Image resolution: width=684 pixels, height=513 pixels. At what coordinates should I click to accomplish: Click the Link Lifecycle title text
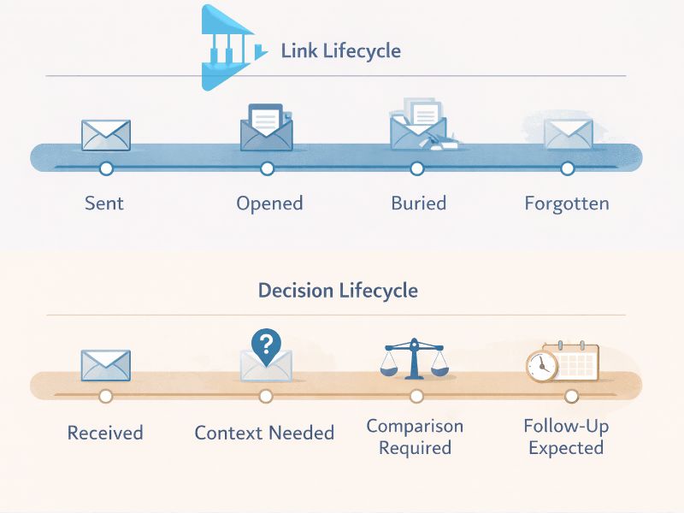(x=340, y=50)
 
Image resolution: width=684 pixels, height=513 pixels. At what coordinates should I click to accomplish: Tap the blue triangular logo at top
(x=227, y=49)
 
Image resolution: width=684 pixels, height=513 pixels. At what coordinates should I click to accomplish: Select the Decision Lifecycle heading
(x=338, y=290)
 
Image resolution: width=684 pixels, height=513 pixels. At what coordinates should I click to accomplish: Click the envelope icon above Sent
(x=106, y=134)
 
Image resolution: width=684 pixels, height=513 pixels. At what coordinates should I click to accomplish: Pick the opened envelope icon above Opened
(x=266, y=128)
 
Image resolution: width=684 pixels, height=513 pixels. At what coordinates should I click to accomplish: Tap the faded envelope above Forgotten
(x=568, y=134)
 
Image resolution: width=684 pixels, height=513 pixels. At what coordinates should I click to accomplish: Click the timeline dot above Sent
(x=106, y=168)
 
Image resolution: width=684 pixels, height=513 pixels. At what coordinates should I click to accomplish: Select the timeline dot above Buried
(x=416, y=168)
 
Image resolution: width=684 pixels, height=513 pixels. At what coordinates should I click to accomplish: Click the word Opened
(x=269, y=203)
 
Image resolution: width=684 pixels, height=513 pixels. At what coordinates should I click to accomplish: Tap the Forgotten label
(x=566, y=203)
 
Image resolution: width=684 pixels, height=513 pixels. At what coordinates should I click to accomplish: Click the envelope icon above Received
(x=105, y=365)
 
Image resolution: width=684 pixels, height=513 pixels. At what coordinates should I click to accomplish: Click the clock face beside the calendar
(x=541, y=366)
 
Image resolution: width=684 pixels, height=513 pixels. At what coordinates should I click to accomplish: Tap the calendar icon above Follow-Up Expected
(x=575, y=363)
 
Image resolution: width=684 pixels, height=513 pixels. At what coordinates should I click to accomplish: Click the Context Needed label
(x=264, y=433)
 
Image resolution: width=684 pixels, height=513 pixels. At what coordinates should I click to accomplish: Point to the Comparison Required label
(x=415, y=437)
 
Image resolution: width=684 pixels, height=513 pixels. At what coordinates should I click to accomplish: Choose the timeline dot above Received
(x=105, y=396)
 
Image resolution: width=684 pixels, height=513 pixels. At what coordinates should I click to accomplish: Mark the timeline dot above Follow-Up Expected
(x=571, y=396)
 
